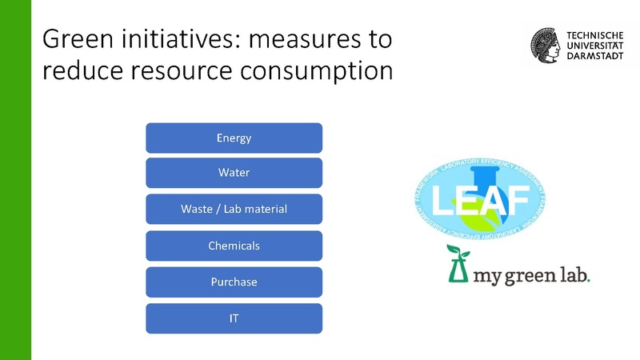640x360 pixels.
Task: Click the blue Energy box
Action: pyautogui.click(x=234, y=138)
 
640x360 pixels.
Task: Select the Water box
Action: pyautogui.click(x=234, y=173)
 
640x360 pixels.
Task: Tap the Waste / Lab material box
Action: pyautogui.click(x=234, y=210)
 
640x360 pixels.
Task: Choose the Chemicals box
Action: pyautogui.click(x=234, y=246)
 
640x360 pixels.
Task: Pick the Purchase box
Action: pyautogui.click(x=234, y=282)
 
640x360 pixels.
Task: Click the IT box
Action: pyautogui.click(x=234, y=318)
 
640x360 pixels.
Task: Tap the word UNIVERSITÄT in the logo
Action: pyautogui.click(x=594, y=48)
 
